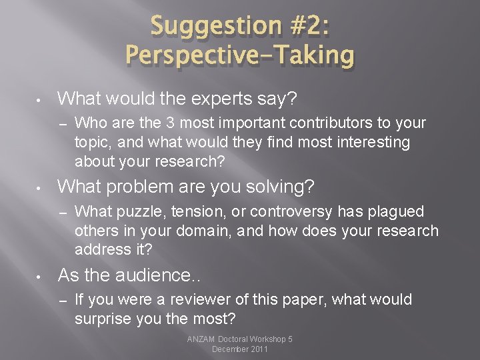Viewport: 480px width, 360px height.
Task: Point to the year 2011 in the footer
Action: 257,349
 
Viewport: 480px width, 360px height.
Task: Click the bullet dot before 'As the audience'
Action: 41,276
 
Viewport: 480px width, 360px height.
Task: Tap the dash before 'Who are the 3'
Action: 63,123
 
